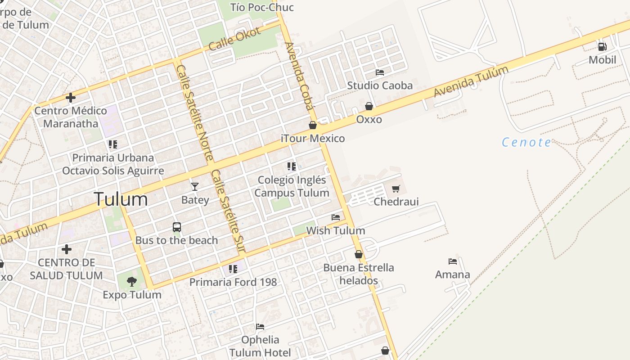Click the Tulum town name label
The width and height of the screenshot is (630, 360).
pos(121,199)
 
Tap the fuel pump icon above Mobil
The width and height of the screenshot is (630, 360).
pos(602,46)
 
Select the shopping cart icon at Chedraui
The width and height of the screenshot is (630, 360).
pos(396,189)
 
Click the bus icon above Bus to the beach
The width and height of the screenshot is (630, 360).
pos(177,227)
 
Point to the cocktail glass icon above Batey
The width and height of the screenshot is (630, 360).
pos(195,186)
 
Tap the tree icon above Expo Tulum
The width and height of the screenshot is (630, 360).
pos(132,282)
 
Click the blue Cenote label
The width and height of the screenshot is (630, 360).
pos(526,143)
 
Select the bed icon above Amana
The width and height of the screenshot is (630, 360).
pos(453,261)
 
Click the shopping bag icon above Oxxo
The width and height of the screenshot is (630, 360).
pos(369,106)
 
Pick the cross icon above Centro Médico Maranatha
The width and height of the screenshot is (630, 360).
pos(71,97)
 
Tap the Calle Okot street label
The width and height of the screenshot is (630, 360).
pos(234,39)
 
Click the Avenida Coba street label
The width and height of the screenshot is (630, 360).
pos(299,76)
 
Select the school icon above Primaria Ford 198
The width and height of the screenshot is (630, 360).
pos(233,269)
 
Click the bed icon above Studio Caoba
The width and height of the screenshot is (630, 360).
pos(380,72)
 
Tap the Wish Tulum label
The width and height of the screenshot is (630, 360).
pos(335,231)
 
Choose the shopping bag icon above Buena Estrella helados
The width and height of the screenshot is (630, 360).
pos(359,255)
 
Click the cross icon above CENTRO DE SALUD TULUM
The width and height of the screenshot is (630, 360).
pos(67,249)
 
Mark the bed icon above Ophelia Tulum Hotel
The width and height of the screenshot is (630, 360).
pos(260,327)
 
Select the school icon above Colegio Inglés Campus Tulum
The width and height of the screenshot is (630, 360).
pos(292,166)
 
